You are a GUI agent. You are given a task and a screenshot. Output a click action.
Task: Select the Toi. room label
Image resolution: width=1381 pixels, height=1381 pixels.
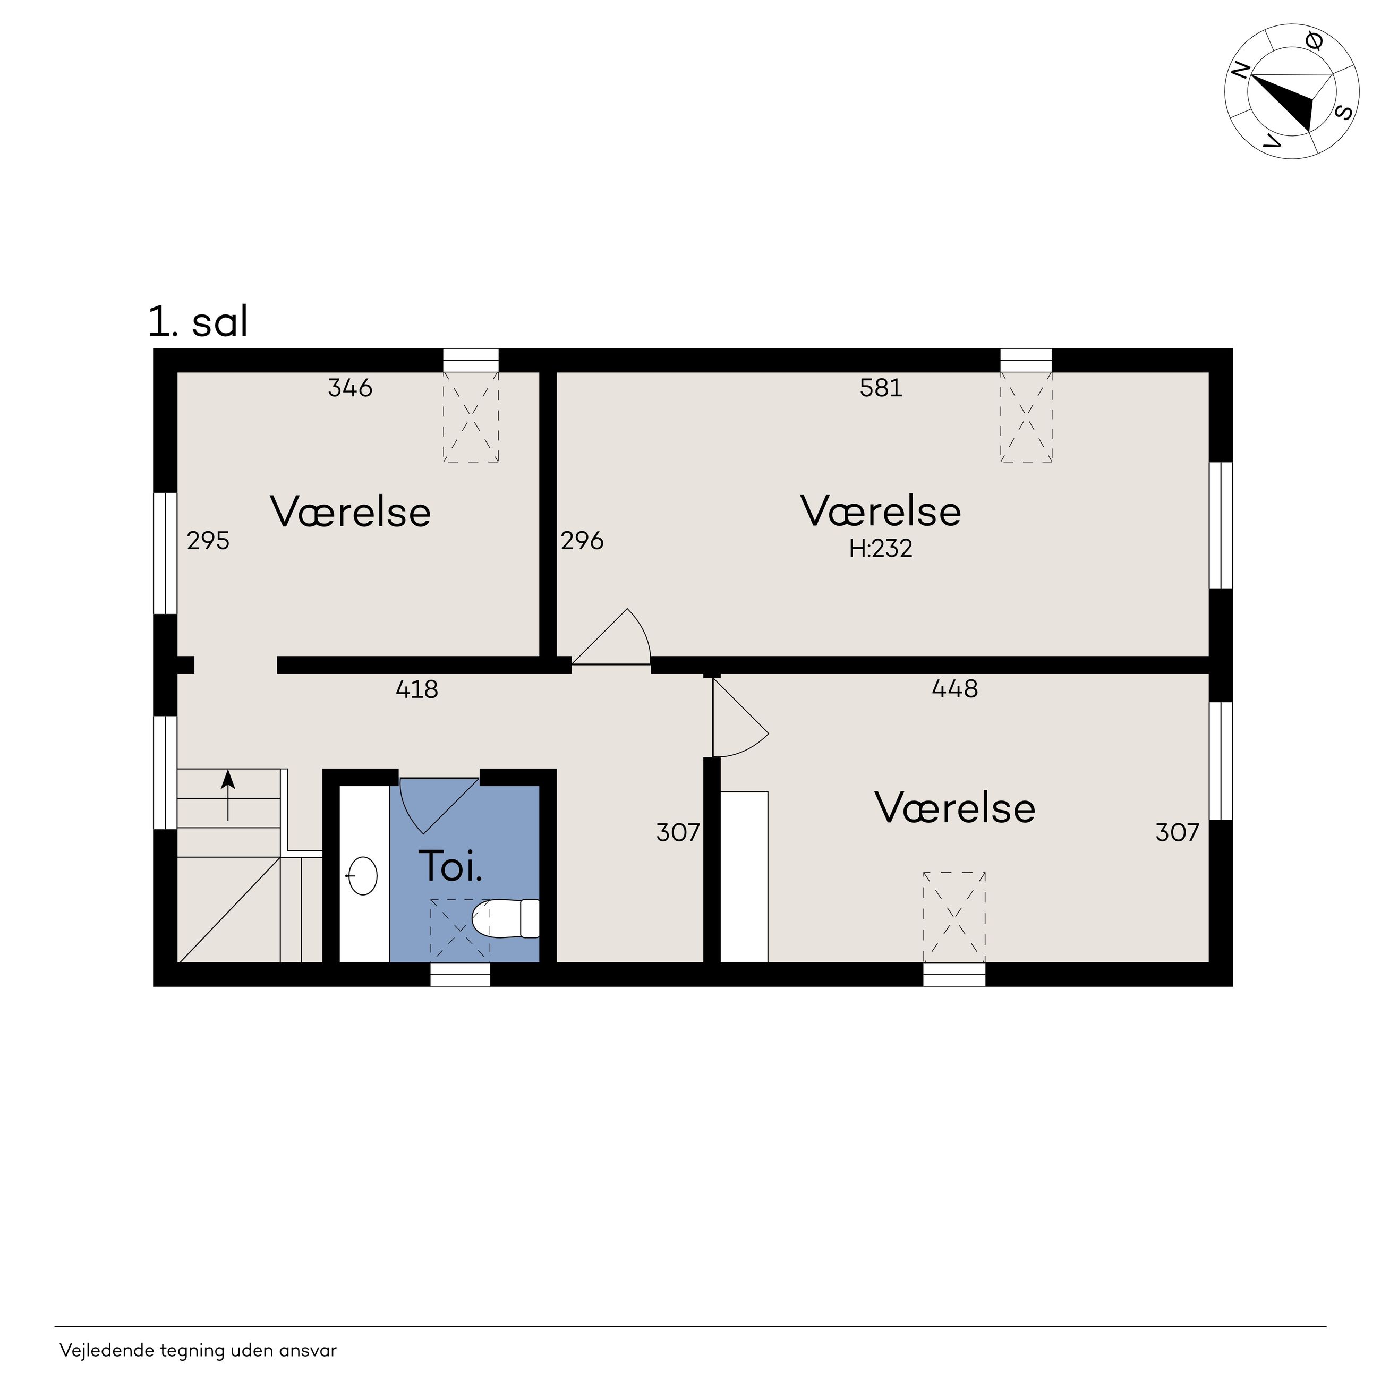point(450,866)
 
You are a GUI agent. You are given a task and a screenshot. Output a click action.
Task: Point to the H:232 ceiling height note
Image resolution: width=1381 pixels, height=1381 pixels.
point(881,548)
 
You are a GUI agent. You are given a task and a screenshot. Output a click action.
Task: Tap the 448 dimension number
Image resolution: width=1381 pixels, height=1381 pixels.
point(955,688)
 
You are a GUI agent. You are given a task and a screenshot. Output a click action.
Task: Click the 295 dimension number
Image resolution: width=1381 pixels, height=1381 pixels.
point(208,540)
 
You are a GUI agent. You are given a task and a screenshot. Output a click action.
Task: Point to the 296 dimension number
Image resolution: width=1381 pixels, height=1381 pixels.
point(582,540)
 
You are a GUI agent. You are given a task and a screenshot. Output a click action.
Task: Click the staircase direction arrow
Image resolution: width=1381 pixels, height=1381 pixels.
point(228,795)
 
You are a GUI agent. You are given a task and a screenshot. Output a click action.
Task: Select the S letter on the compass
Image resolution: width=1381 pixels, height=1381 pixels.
point(1344,112)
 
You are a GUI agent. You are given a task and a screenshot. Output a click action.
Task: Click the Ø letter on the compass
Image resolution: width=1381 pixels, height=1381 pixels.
point(1314,41)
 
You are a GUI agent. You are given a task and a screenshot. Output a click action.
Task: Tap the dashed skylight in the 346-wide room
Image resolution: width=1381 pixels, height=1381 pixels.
point(471,417)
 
